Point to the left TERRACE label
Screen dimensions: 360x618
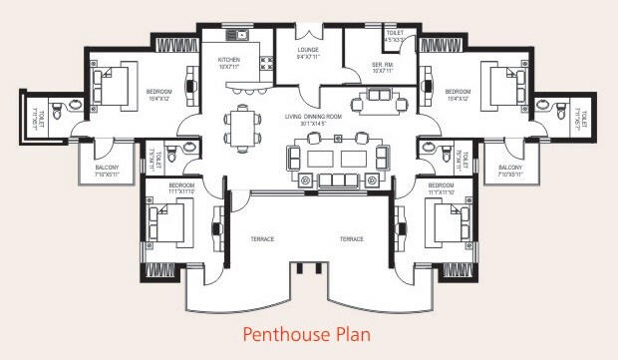[263, 239]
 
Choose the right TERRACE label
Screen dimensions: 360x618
[351, 239]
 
